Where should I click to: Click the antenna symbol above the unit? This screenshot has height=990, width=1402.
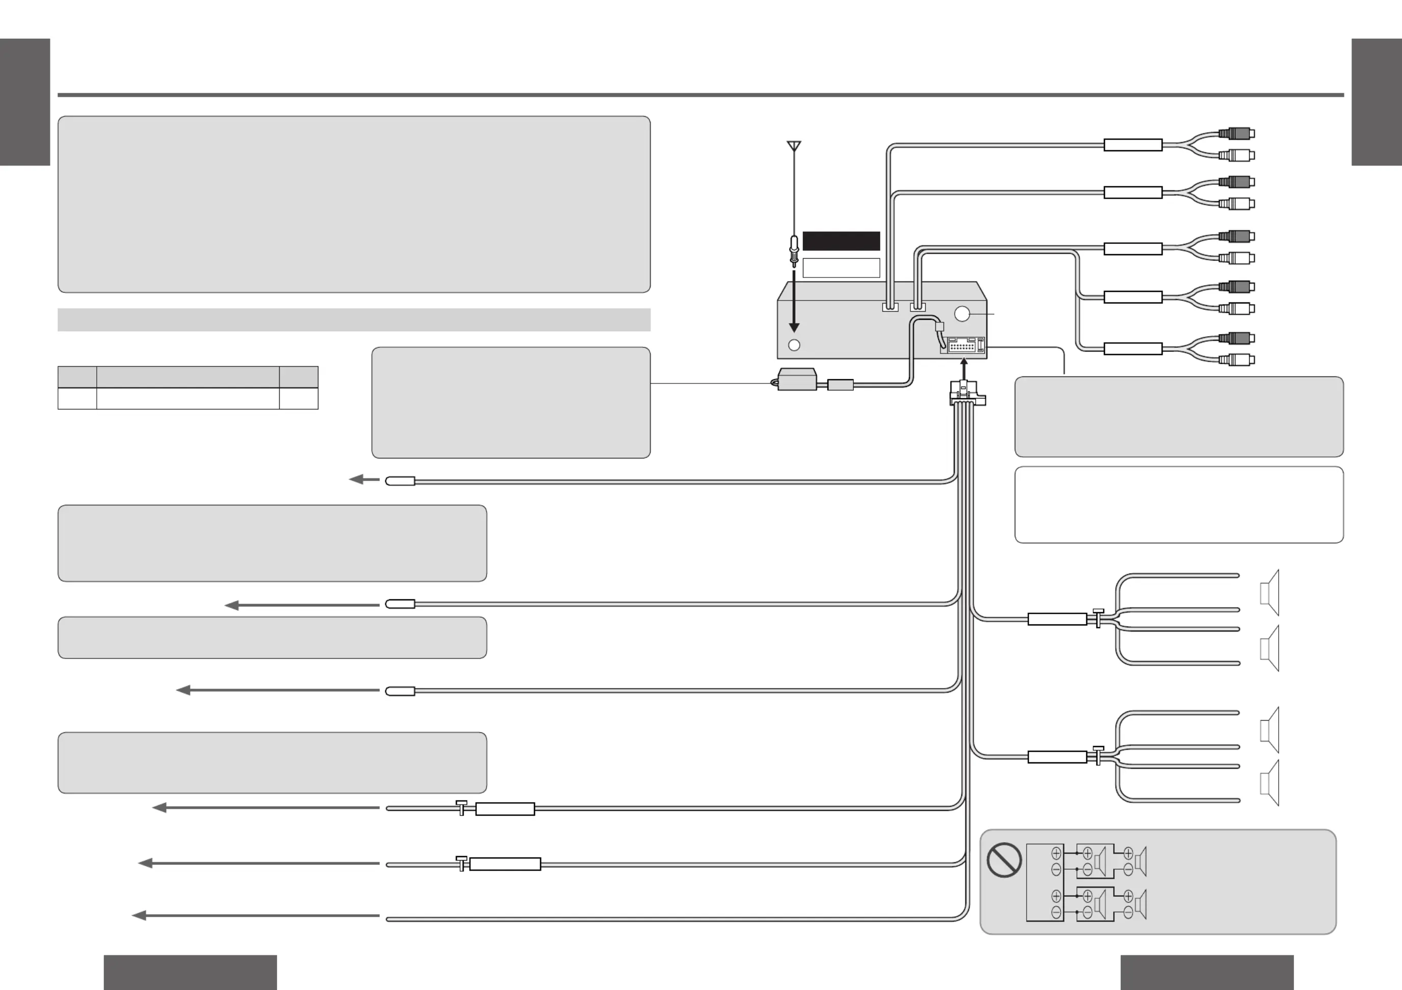(x=794, y=147)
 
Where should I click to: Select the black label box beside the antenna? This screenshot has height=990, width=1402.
(x=841, y=241)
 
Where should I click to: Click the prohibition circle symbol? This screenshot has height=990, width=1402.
(x=1004, y=860)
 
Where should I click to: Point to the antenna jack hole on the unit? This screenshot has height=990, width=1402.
(x=794, y=345)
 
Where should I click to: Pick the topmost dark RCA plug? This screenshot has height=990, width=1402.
(x=1236, y=133)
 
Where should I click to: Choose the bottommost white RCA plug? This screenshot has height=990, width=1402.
(x=1236, y=360)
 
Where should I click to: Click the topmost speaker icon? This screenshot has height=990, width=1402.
(x=1270, y=593)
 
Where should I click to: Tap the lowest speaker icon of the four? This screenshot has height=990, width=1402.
(x=1270, y=783)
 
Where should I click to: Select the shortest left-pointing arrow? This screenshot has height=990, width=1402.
(x=365, y=480)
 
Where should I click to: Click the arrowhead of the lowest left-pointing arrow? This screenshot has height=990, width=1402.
(x=139, y=916)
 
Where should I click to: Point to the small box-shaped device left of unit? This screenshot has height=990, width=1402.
(x=797, y=379)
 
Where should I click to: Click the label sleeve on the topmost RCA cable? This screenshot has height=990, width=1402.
(x=1133, y=145)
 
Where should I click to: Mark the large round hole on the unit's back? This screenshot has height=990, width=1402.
(x=962, y=314)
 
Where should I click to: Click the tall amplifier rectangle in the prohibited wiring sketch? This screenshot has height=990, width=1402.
(x=1045, y=883)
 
